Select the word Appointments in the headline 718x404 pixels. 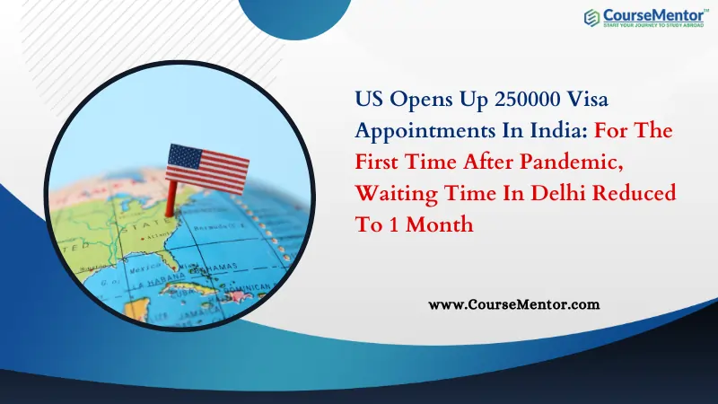(416, 129)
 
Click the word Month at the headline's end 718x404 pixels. (442, 224)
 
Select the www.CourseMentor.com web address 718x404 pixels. (514, 304)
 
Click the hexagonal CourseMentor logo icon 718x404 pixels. (592, 17)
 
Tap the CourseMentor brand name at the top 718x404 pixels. (652, 14)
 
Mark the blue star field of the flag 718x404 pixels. (184, 159)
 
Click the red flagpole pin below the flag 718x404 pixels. (170, 199)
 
